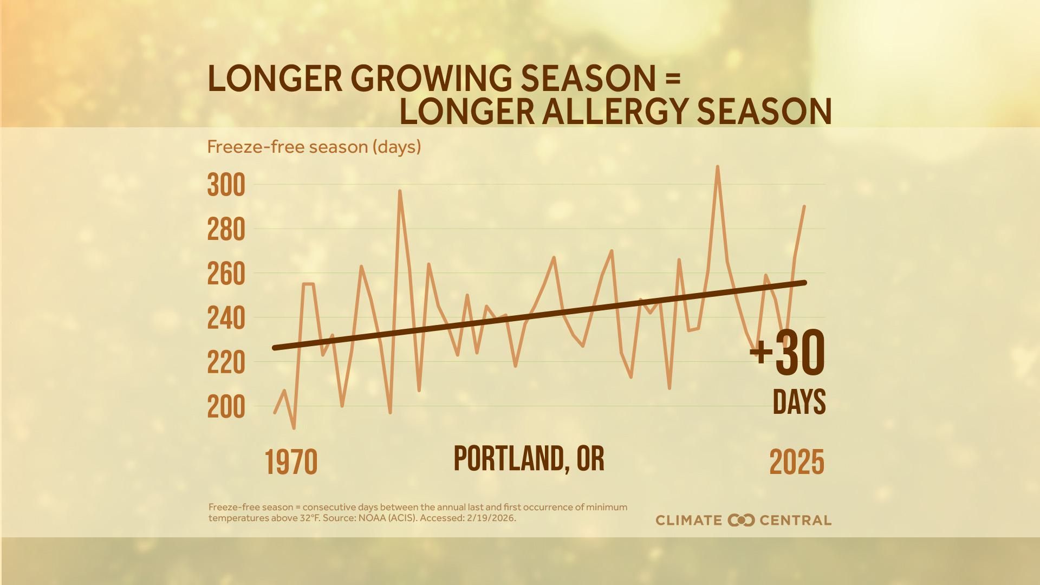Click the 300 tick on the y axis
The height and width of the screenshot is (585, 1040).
click(x=226, y=186)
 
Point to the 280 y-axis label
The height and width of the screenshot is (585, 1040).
click(x=226, y=230)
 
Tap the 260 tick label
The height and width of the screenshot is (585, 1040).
click(x=226, y=275)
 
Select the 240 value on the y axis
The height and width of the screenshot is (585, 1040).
click(x=226, y=319)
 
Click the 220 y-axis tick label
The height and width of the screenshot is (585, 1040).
click(x=226, y=363)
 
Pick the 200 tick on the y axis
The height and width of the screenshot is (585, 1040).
click(x=226, y=408)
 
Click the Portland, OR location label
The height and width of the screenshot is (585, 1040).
click(x=529, y=459)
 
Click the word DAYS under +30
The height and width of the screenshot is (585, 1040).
click(x=799, y=402)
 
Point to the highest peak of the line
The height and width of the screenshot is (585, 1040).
click(x=718, y=167)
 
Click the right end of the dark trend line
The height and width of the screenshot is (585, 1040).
click(x=805, y=282)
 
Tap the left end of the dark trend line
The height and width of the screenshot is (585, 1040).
click(x=275, y=348)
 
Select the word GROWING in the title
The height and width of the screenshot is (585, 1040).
click(x=434, y=79)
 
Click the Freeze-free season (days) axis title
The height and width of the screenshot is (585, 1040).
click(x=314, y=147)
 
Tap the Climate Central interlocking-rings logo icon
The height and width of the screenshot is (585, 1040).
click(x=742, y=520)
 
